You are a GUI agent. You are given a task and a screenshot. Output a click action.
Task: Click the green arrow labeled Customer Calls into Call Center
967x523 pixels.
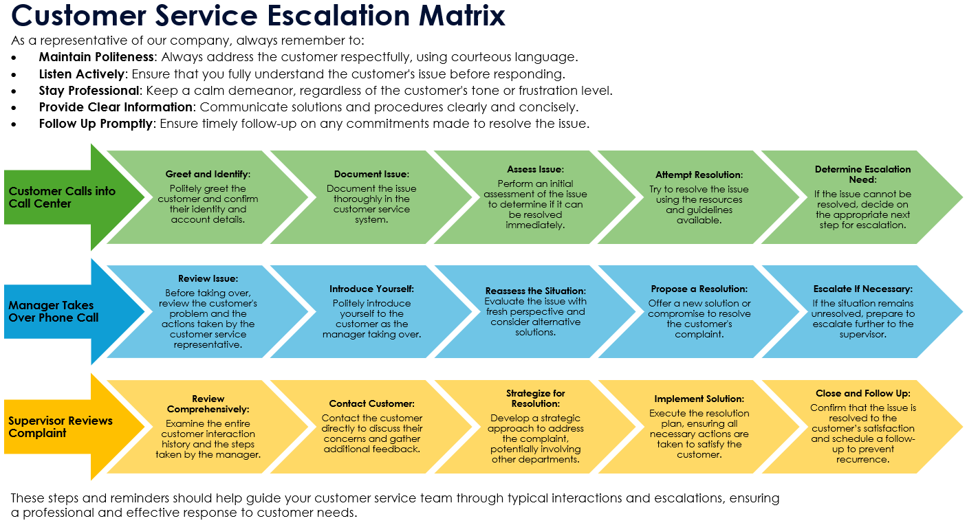(x=62, y=197)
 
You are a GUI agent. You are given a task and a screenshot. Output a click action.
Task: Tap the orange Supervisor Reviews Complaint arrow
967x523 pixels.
(x=61, y=427)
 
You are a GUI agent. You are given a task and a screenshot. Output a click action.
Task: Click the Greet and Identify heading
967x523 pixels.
(x=208, y=175)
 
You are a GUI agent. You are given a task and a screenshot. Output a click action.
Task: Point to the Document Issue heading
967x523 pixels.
(x=371, y=175)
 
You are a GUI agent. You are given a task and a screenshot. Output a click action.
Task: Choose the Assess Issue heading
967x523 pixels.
(x=535, y=169)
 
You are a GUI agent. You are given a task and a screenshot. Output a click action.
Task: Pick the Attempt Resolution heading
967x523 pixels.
(x=699, y=175)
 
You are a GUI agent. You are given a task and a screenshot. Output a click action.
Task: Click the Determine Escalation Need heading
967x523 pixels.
(x=862, y=175)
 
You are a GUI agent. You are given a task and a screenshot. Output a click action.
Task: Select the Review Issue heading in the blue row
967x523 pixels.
(x=208, y=279)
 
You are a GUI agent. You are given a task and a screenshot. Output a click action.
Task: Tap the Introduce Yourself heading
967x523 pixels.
(x=371, y=289)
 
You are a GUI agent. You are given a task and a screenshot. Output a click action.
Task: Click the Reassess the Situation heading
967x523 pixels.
(x=535, y=291)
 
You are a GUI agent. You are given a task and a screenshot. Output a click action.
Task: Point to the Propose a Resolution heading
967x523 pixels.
(x=699, y=289)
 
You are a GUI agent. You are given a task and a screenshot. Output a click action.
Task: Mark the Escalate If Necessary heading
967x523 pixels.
(x=862, y=289)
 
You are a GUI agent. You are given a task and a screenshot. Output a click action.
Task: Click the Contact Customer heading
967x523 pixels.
(x=371, y=404)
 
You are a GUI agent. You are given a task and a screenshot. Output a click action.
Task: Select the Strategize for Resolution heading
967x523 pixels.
(x=535, y=399)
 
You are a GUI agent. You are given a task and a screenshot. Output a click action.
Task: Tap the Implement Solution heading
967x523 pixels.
(x=699, y=399)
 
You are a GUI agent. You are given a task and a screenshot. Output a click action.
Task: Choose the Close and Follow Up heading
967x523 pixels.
(x=862, y=394)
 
